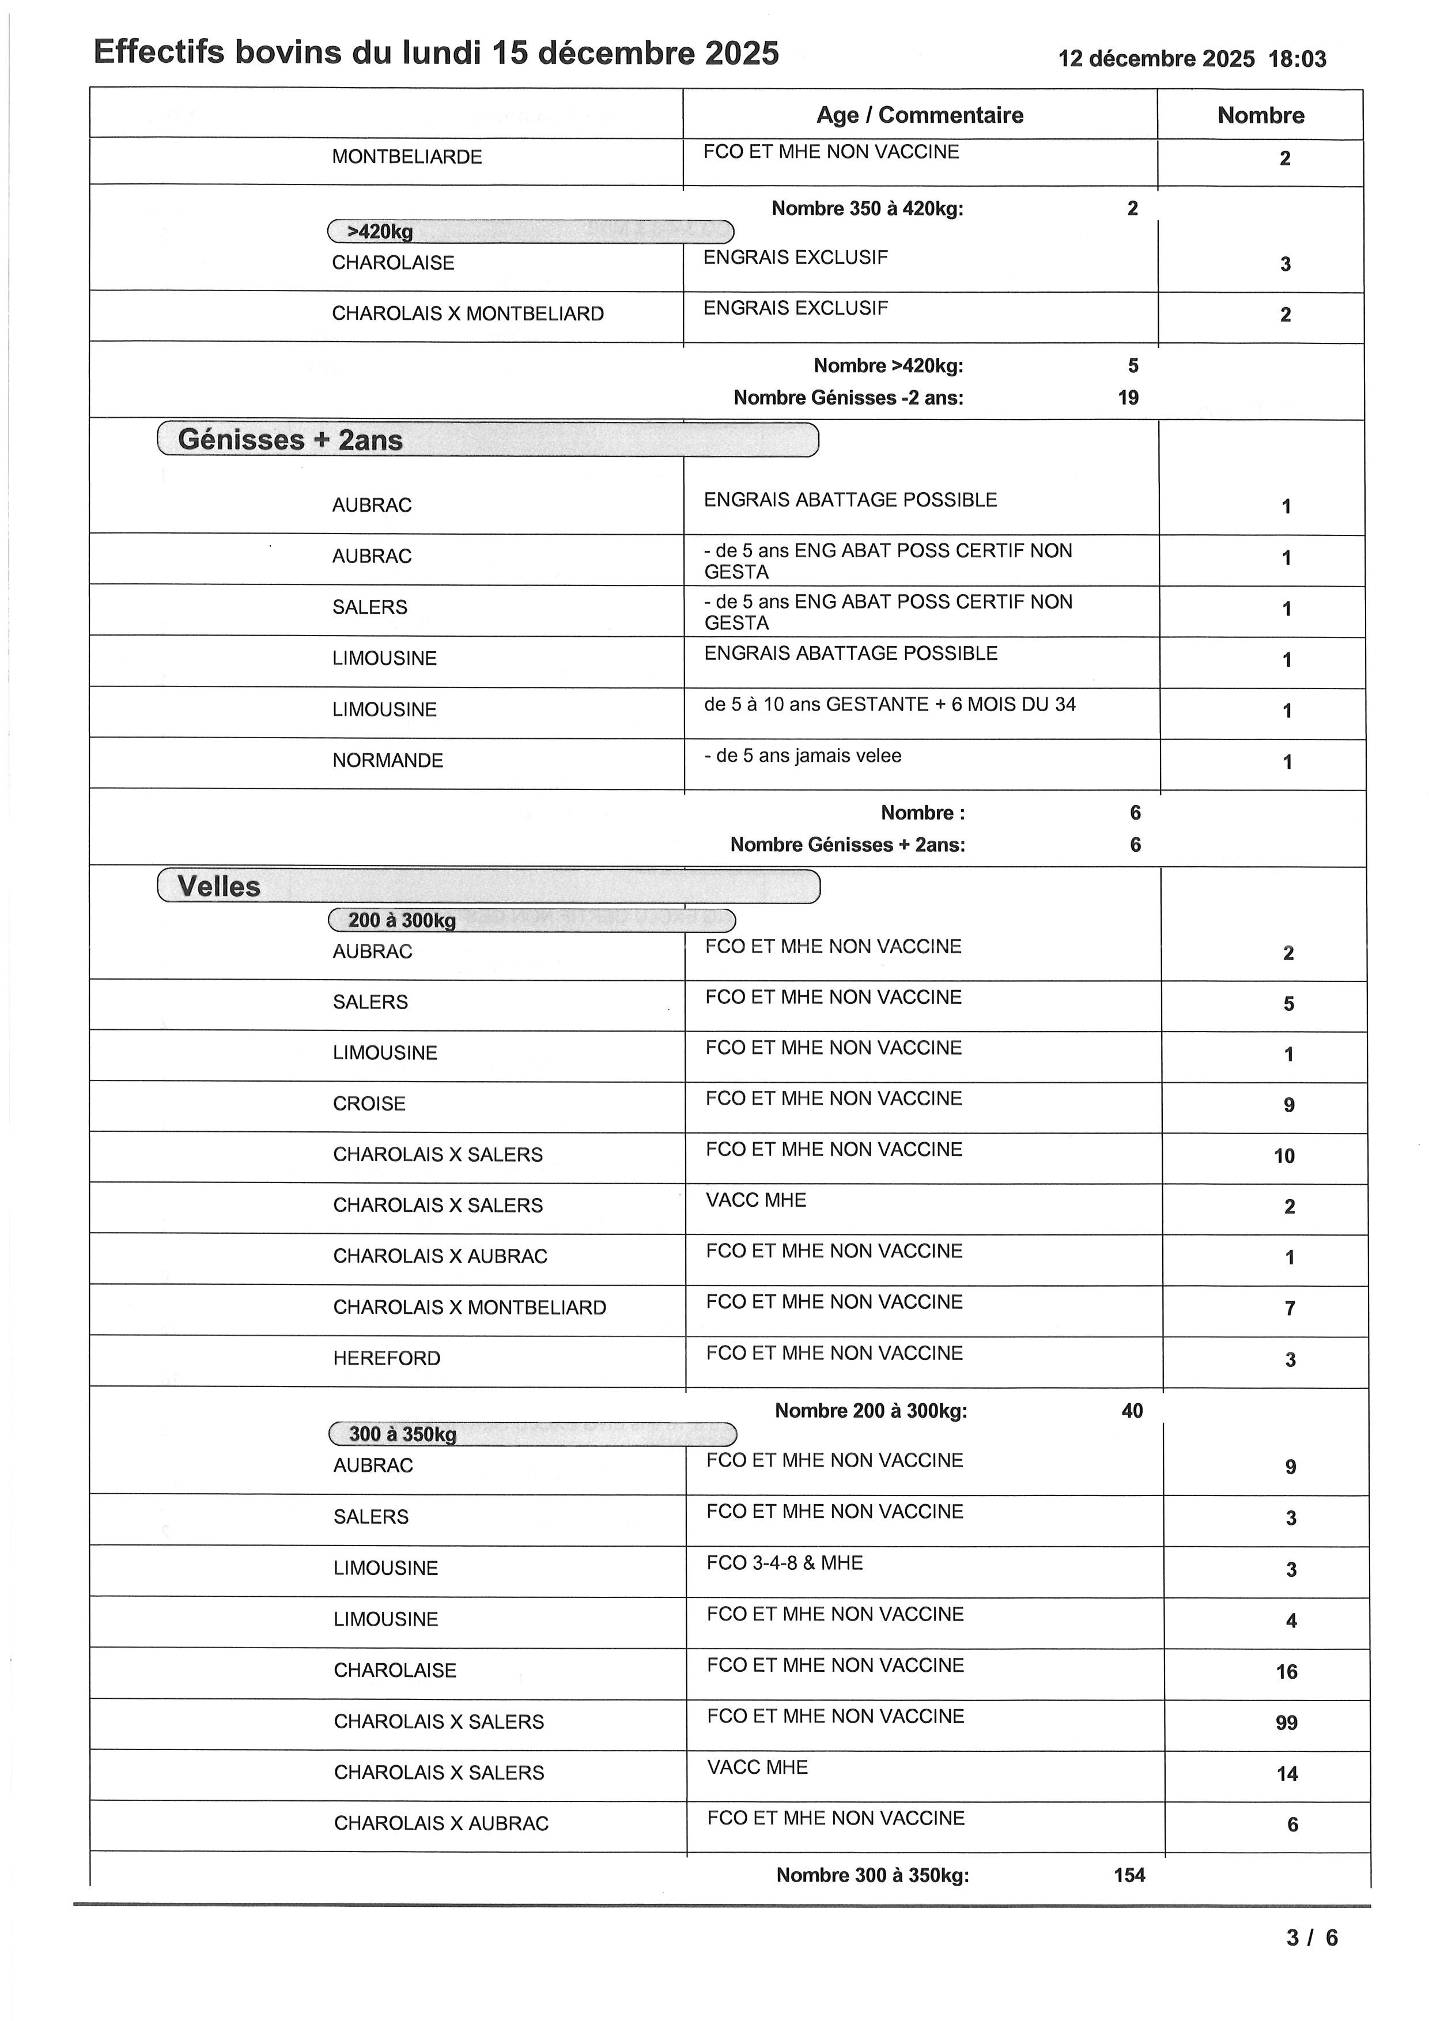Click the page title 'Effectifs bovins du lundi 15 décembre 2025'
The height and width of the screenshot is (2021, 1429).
tap(436, 53)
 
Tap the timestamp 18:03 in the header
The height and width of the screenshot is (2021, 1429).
tap(1297, 59)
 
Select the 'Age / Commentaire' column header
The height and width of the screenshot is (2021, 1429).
tap(920, 115)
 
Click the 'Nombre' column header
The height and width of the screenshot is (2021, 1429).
tap(1260, 115)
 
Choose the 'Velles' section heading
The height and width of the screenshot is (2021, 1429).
tap(219, 886)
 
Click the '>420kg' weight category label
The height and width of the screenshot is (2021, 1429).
tap(380, 232)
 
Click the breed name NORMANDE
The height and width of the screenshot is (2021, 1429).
tap(387, 761)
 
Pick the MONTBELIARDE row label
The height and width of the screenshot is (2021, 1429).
tap(407, 157)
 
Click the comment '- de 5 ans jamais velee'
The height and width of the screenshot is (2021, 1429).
tap(803, 755)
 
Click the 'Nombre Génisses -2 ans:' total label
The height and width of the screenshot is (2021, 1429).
tap(848, 398)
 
